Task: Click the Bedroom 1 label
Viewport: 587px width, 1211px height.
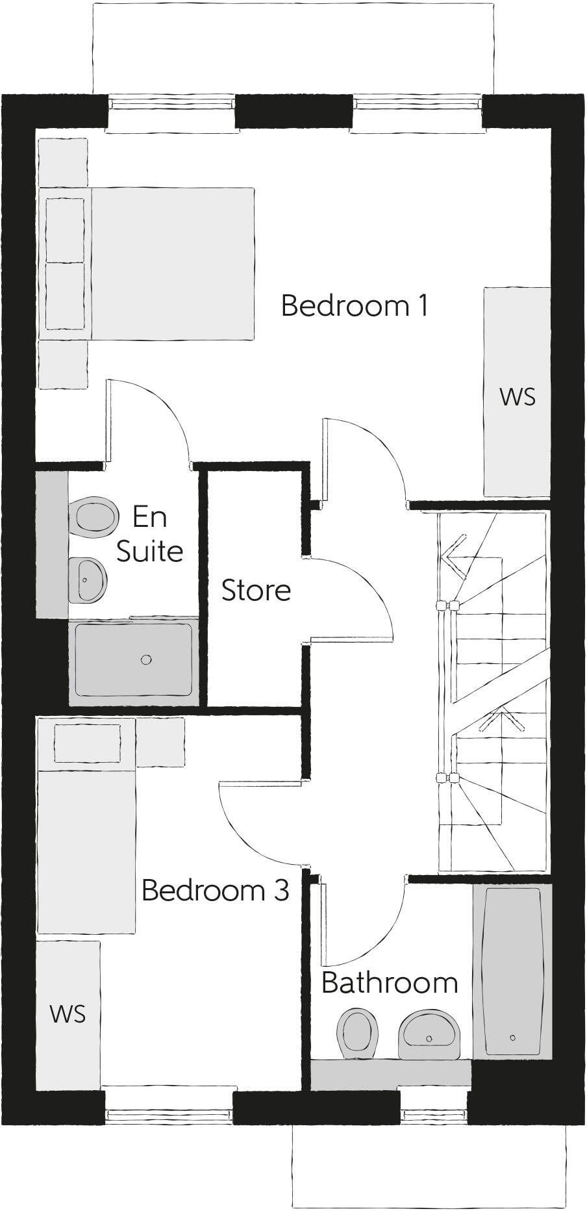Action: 355,305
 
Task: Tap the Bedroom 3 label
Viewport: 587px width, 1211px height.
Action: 215,890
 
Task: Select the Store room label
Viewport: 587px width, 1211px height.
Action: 256,591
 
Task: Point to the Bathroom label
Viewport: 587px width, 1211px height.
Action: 390,983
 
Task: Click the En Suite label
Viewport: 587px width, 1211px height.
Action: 149,534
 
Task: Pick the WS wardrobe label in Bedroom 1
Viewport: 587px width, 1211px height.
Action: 518,397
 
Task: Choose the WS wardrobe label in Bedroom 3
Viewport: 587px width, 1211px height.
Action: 68,1014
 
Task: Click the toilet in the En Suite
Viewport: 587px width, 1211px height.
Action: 94,517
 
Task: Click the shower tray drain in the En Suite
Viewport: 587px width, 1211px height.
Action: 146,660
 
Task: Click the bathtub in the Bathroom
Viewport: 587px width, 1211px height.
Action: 513,971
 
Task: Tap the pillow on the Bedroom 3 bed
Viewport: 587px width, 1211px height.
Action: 87,744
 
